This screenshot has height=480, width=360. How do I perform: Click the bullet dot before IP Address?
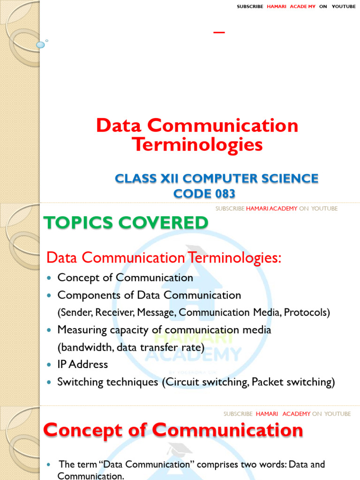[49, 365]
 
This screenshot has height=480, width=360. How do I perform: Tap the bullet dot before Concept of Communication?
[49, 278]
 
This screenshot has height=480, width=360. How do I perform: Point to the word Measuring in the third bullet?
[80, 330]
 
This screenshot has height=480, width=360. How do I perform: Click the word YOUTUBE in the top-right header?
[344, 7]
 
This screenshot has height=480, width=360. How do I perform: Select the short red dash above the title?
[219, 32]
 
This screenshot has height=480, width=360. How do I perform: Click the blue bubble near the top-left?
[40, 45]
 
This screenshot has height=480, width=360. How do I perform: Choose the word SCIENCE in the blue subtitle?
[292, 179]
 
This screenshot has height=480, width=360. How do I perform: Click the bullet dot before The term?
[49, 465]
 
